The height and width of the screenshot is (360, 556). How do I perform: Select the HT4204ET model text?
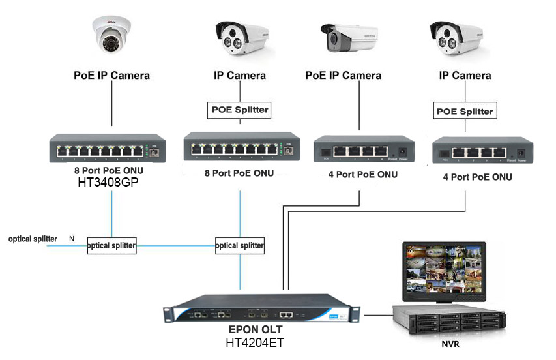tap(255, 342)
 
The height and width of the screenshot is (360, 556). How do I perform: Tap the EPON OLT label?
tap(255, 330)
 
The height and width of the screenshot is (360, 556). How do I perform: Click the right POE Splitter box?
tap(465, 112)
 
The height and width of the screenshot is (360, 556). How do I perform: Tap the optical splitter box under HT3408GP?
tap(111, 246)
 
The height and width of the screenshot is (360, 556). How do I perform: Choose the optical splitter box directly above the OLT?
tap(240, 246)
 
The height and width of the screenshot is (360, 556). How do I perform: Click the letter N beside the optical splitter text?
tap(72, 239)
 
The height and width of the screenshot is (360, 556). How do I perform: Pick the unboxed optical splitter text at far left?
tap(33, 239)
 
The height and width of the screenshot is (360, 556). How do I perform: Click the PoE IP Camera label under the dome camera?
tap(111, 76)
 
